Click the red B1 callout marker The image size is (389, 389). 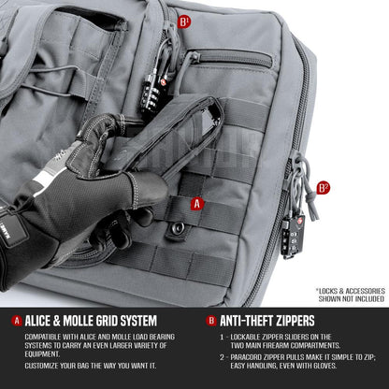click(183, 20)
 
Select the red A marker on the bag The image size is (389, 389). click(196, 203)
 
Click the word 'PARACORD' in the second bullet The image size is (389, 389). click(247, 356)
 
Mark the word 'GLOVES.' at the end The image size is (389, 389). click(349, 367)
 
